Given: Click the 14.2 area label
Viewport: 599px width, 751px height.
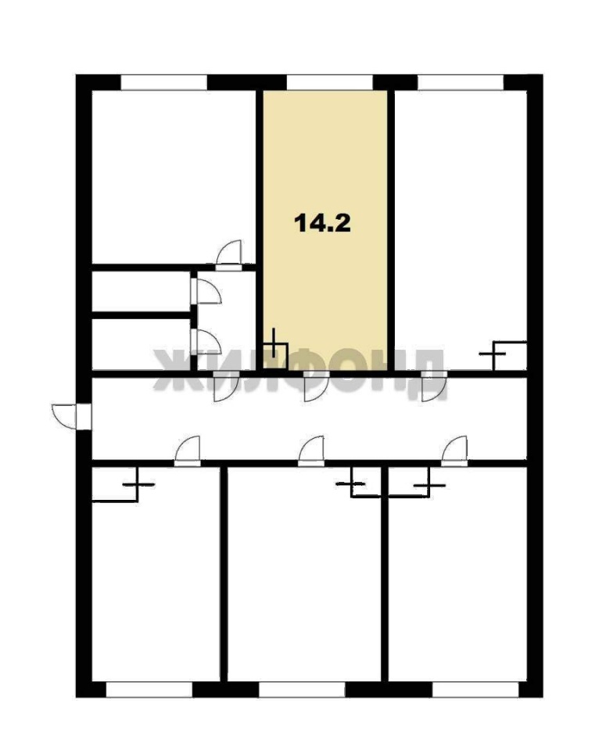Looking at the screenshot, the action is click(x=322, y=223).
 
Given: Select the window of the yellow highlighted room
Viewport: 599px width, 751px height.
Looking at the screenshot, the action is click(x=329, y=82).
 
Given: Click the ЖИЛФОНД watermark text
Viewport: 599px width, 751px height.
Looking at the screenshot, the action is click(x=300, y=374).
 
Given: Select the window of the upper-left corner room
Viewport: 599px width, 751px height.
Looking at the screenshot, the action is click(x=163, y=82).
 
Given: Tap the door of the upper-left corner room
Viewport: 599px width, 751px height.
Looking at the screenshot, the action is click(x=229, y=255).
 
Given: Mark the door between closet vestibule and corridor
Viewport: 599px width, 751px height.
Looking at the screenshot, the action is click(x=227, y=386).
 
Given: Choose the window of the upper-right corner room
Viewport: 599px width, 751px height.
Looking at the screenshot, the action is click(x=461, y=82).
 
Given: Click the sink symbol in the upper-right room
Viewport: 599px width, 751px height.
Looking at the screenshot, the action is click(x=503, y=355).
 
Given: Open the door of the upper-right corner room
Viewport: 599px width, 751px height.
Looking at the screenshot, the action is click(x=434, y=386).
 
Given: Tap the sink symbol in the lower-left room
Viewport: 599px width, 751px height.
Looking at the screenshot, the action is click(x=123, y=485).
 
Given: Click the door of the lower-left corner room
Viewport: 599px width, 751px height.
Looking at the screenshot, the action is click(x=187, y=451).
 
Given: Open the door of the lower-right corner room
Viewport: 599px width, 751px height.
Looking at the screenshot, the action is click(x=454, y=451).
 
